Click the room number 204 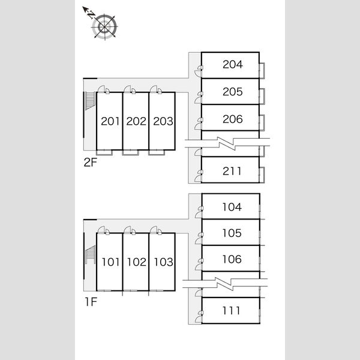[x=233, y=65]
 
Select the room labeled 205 [x=233, y=92]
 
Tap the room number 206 [x=233, y=119]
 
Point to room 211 [x=232, y=171]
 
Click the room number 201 [x=110, y=121]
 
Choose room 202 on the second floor [x=136, y=121]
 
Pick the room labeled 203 [x=163, y=121]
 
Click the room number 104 [x=232, y=207]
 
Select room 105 [x=232, y=233]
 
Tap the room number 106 [x=232, y=259]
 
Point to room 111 [x=231, y=311]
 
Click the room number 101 [x=110, y=262]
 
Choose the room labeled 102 [x=137, y=262]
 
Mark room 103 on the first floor [x=163, y=262]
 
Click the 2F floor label [x=90, y=163]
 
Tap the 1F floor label [x=91, y=302]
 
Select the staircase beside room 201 [x=90, y=101]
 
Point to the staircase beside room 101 [x=90, y=254]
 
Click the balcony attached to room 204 [x=262, y=71]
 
